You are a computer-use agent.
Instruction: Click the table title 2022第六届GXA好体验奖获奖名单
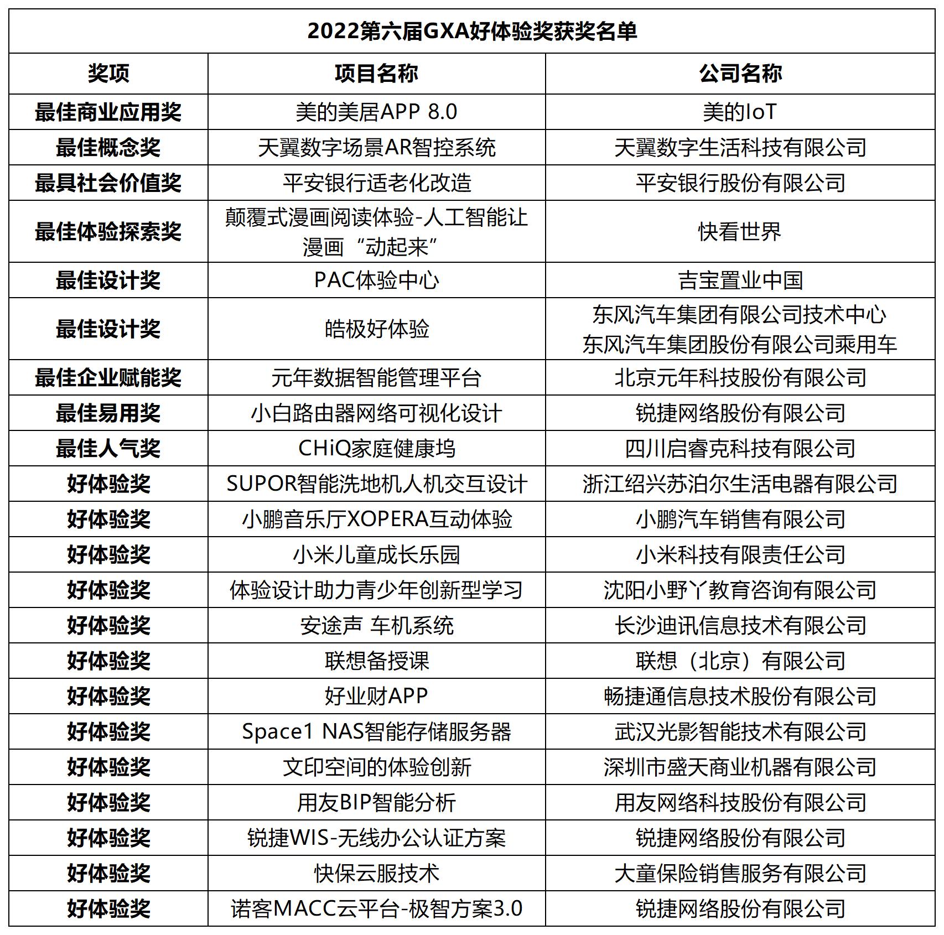pyautogui.click(x=472, y=31)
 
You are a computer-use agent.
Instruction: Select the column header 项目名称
pyautogui.click(x=376, y=73)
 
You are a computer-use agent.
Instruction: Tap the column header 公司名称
pyautogui.click(x=740, y=73)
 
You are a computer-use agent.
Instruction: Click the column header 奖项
pyautogui.click(x=108, y=73)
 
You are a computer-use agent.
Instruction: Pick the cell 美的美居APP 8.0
pyautogui.click(x=376, y=112)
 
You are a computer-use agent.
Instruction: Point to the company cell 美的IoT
pyautogui.click(x=740, y=112)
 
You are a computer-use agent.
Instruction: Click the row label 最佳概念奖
pyautogui.click(x=108, y=147)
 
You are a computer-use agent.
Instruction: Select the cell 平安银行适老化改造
pyautogui.click(x=376, y=183)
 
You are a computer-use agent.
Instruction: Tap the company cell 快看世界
pyautogui.click(x=740, y=231)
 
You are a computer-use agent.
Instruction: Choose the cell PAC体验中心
pyautogui.click(x=376, y=280)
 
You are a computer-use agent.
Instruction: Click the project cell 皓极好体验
pyautogui.click(x=376, y=329)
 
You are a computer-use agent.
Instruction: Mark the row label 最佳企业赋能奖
pyautogui.click(x=108, y=377)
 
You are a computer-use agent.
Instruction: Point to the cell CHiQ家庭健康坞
pyautogui.click(x=376, y=448)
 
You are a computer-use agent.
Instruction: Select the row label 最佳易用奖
pyautogui.click(x=108, y=413)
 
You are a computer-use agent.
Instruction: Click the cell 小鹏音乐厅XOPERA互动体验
pyautogui.click(x=376, y=519)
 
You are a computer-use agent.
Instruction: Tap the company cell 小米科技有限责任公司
pyautogui.click(x=740, y=554)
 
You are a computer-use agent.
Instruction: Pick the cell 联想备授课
pyautogui.click(x=376, y=661)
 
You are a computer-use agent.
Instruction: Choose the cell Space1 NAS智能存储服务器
pyautogui.click(x=376, y=731)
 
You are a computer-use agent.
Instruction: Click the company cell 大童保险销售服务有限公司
pyautogui.click(x=740, y=873)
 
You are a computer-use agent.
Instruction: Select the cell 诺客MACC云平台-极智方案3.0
pyautogui.click(x=376, y=908)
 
